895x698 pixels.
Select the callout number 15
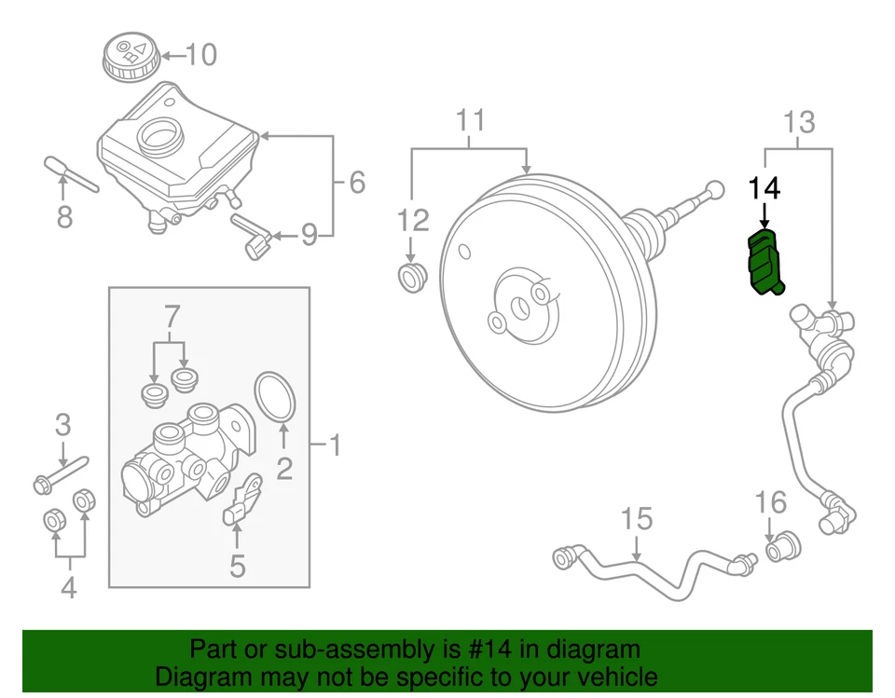point(638,519)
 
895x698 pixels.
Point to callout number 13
point(799,122)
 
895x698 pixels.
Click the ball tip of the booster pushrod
point(715,188)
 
